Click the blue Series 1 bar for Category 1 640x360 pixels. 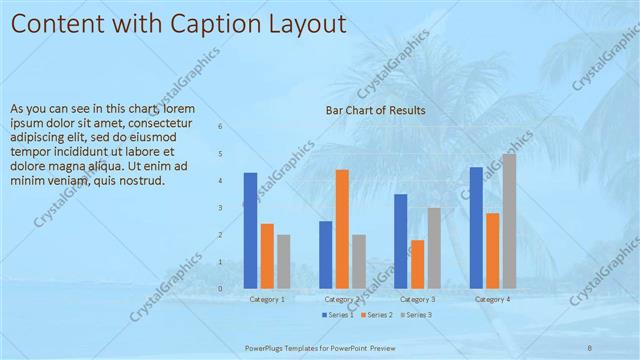250,231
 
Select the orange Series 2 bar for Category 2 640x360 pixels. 342,229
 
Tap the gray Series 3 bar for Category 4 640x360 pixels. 509,221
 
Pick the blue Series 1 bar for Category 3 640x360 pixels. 401,241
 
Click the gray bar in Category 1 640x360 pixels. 284,261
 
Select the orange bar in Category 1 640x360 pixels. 267,256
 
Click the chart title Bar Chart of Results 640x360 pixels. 376,110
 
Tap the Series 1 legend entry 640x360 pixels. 338,315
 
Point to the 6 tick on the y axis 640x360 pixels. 221,127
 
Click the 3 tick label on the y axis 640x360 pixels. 221,208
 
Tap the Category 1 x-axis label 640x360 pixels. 267,299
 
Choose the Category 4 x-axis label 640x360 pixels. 492,299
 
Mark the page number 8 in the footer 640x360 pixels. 589,347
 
